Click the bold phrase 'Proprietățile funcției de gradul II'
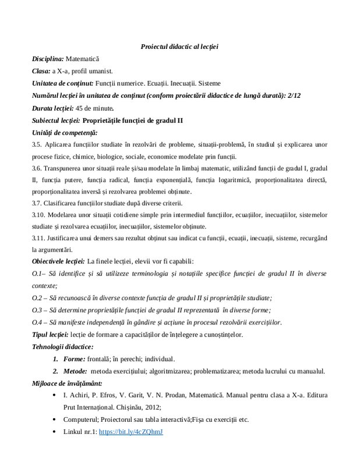point(133,120)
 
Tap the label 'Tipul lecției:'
point(50,334)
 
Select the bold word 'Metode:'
point(75,371)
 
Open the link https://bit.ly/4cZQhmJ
point(131,432)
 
